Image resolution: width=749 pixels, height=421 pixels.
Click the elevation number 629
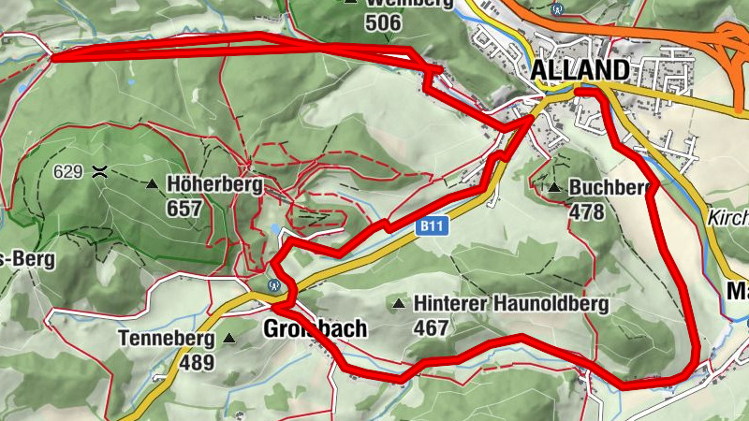point(68,171)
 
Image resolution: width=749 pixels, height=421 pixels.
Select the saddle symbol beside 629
point(99,171)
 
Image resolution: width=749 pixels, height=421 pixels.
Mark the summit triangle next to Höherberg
point(153,184)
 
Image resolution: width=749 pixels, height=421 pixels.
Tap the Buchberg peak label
point(609,187)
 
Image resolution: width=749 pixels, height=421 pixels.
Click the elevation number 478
point(586,211)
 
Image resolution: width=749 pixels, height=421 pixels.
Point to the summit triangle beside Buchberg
point(554,187)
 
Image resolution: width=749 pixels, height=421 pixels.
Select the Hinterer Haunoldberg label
point(511,304)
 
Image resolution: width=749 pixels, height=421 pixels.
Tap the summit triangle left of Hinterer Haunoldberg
point(400,303)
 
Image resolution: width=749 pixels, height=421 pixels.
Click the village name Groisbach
point(315,329)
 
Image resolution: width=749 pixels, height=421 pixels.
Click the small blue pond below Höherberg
point(274,229)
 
